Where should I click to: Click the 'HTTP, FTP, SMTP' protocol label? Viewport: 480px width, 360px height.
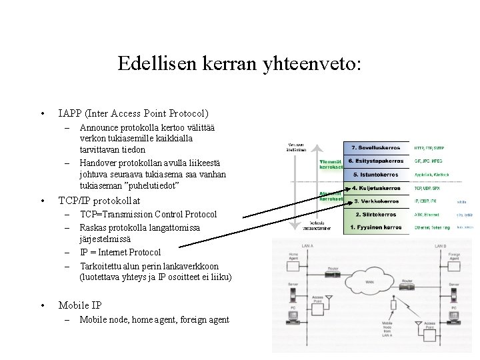tap(429, 147)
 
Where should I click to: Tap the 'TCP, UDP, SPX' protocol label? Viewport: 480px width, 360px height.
tap(427, 188)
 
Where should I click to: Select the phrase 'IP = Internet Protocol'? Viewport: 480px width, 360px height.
tap(121, 253)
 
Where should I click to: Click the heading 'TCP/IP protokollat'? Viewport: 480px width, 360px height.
tap(108, 200)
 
